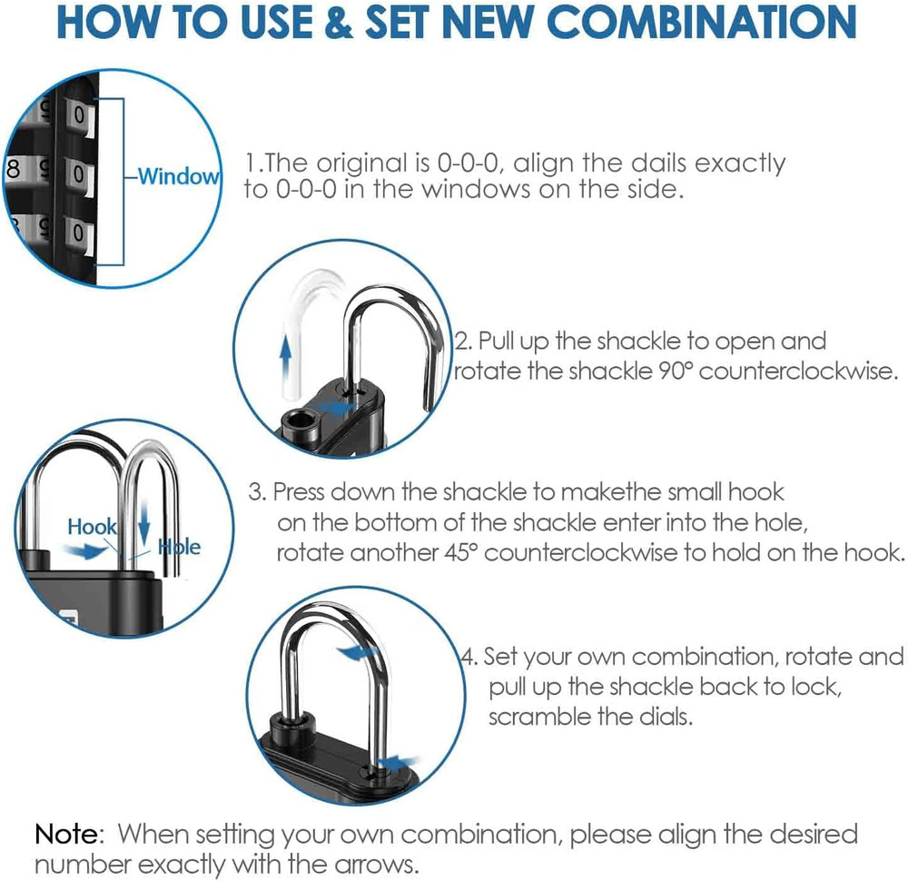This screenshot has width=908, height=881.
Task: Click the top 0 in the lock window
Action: pyautogui.click(x=80, y=116)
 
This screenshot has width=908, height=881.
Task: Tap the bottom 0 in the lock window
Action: pyautogui.click(x=80, y=233)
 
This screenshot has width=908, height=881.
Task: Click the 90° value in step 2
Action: pyautogui.click(x=663, y=372)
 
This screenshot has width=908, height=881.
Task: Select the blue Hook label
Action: pyautogui.click(x=92, y=527)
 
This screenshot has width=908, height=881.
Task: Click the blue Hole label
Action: pyautogui.click(x=179, y=547)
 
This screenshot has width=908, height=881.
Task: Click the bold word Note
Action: pyautogui.click(x=69, y=833)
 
